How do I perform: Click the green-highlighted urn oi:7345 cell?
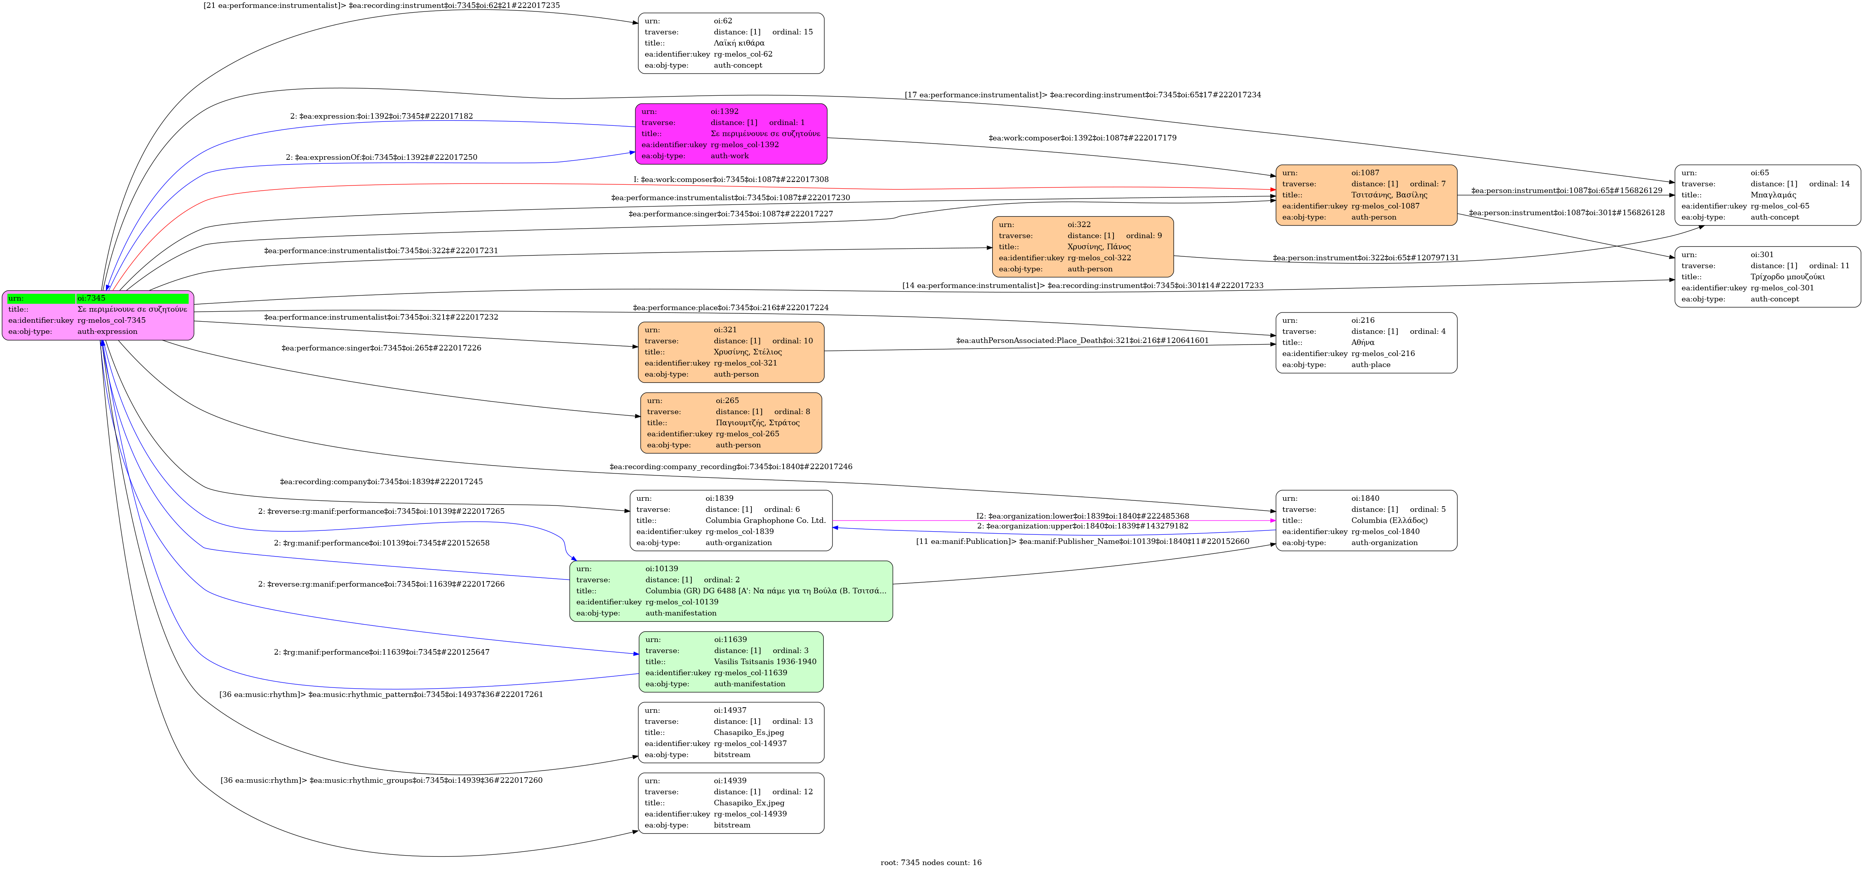pyautogui.click(x=132, y=298)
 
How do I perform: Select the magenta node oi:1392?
pyautogui.click(x=731, y=134)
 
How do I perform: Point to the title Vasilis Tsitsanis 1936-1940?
pyautogui.click(x=765, y=662)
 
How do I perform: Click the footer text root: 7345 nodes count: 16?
pyautogui.click(x=931, y=862)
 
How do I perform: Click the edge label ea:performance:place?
pyautogui.click(x=730, y=307)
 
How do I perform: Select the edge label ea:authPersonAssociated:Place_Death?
pyautogui.click(x=1082, y=341)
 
